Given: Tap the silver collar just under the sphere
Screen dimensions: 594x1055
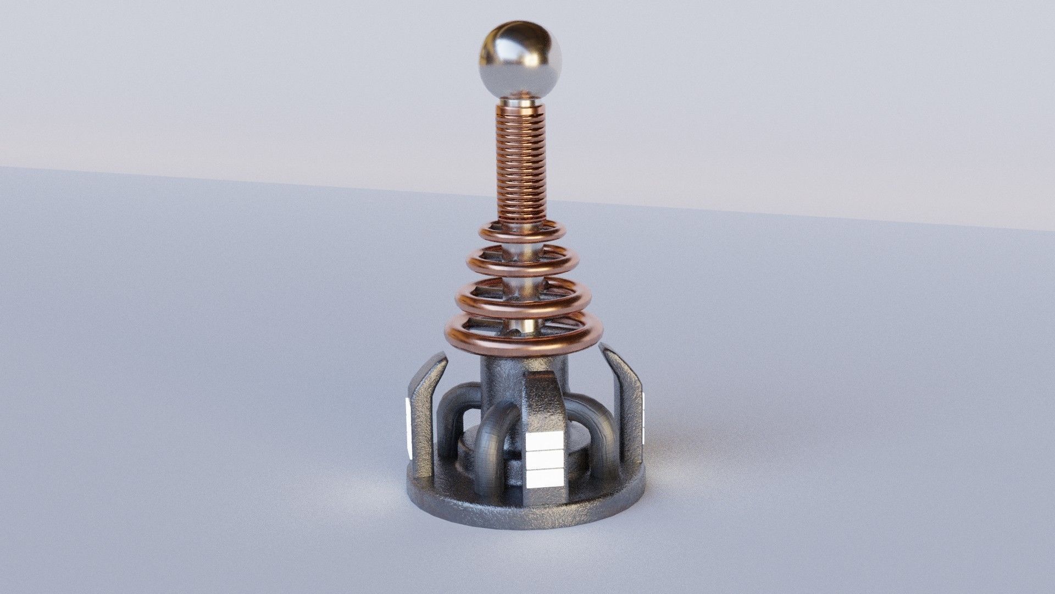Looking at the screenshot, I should click(x=521, y=102).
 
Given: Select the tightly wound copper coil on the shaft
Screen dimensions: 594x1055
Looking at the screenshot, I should click(x=521, y=165).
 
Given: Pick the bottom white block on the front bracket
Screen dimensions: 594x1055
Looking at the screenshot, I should click(x=544, y=479).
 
